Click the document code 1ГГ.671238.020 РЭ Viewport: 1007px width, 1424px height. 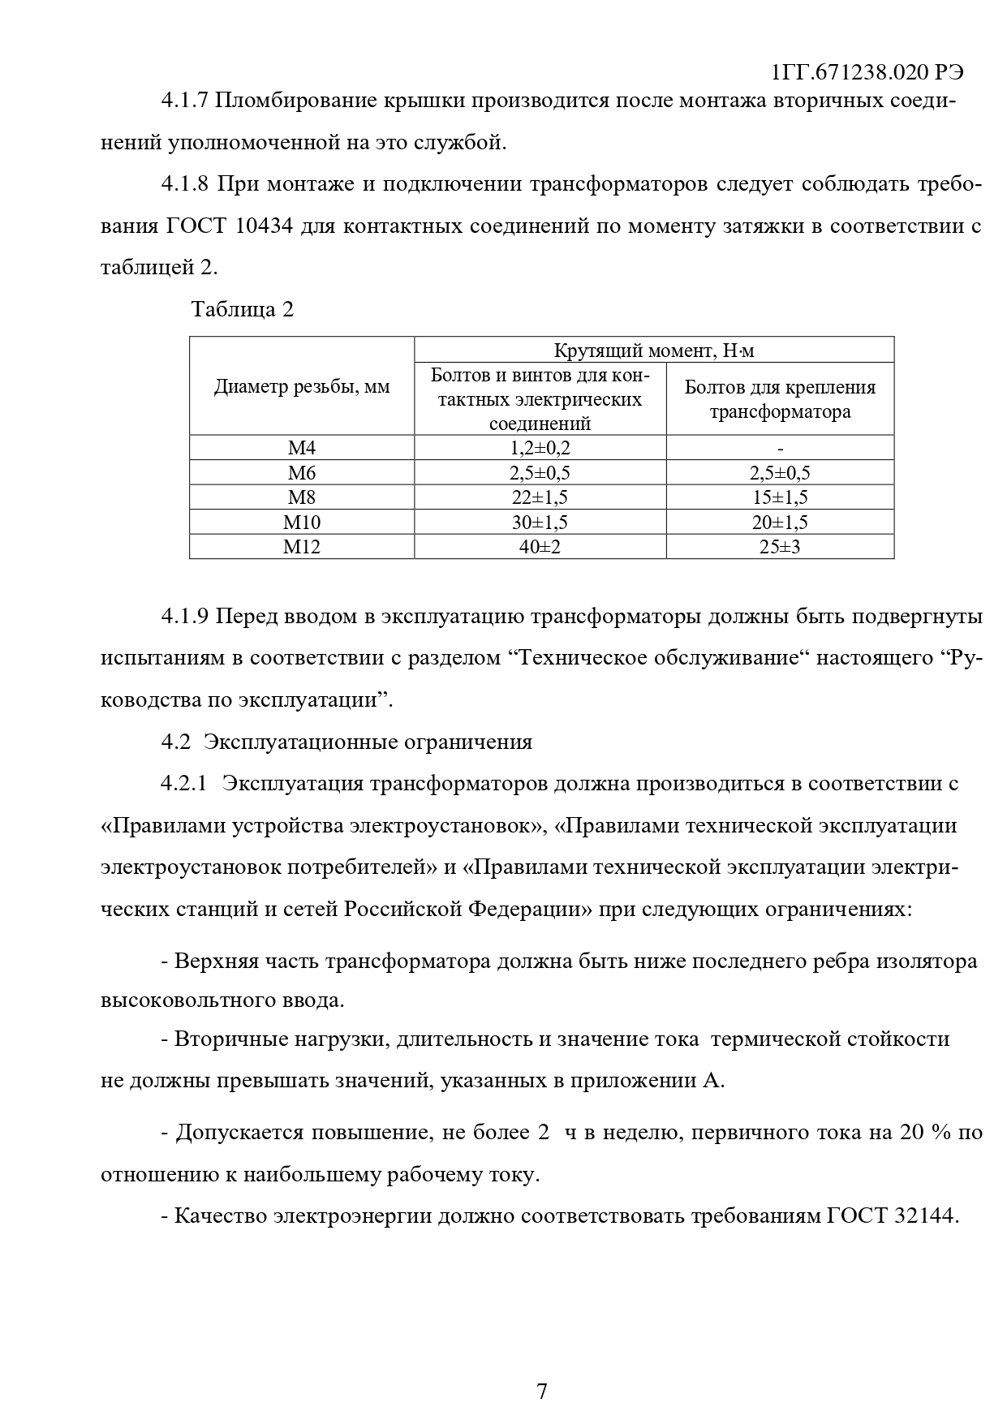click(x=867, y=72)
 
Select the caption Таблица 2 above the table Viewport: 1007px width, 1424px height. click(x=242, y=309)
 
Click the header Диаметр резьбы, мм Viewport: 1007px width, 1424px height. click(x=302, y=387)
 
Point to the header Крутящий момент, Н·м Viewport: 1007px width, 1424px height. click(x=654, y=351)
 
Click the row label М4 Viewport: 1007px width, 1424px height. click(x=302, y=448)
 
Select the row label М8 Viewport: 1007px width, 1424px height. click(x=302, y=497)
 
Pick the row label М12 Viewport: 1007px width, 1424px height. click(x=302, y=547)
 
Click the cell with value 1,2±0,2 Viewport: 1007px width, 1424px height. click(x=540, y=448)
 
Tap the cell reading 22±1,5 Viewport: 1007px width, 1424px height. click(x=540, y=497)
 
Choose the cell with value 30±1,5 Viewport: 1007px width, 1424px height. click(x=540, y=523)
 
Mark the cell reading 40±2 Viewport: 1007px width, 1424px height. click(x=540, y=547)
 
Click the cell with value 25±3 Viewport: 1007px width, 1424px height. click(x=780, y=547)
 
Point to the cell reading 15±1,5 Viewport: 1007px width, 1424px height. click(x=780, y=497)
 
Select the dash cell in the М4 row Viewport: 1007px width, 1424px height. click(x=780, y=448)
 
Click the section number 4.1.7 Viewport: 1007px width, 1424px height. click(x=185, y=101)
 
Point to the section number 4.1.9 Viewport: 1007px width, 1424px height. click(x=185, y=616)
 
